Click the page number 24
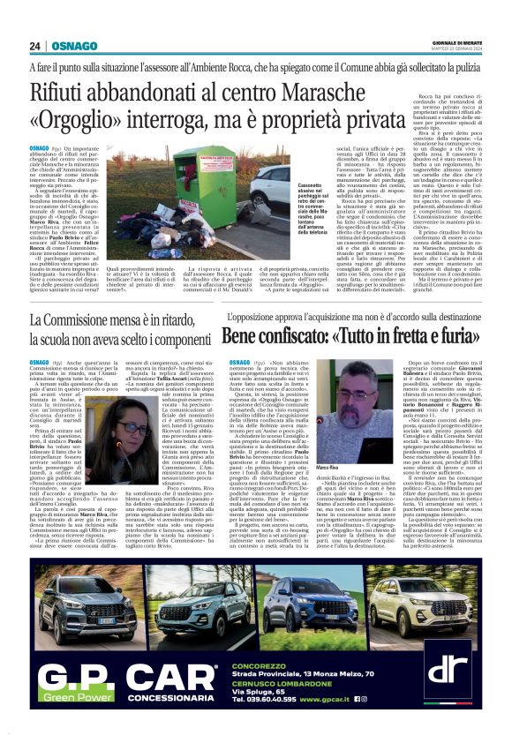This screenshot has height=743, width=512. click(x=35, y=47)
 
